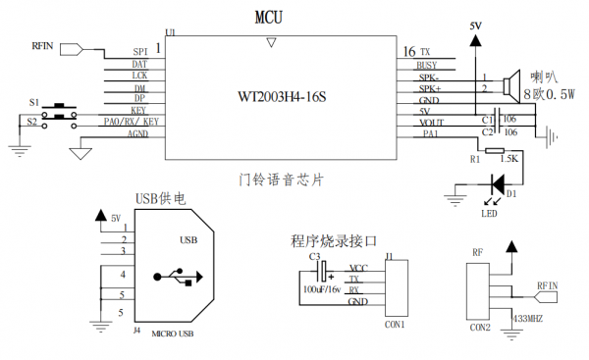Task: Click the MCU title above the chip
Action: click(271, 17)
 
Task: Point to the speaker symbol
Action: click(510, 84)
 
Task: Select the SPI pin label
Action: click(139, 52)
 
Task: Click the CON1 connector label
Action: click(396, 324)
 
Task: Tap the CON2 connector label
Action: click(480, 328)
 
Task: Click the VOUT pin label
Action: click(432, 123)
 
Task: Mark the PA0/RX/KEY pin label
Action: click(130, 123)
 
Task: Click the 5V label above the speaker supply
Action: click(476, 26)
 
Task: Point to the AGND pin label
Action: click(137, 134)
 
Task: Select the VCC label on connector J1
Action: click(359, 267)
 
